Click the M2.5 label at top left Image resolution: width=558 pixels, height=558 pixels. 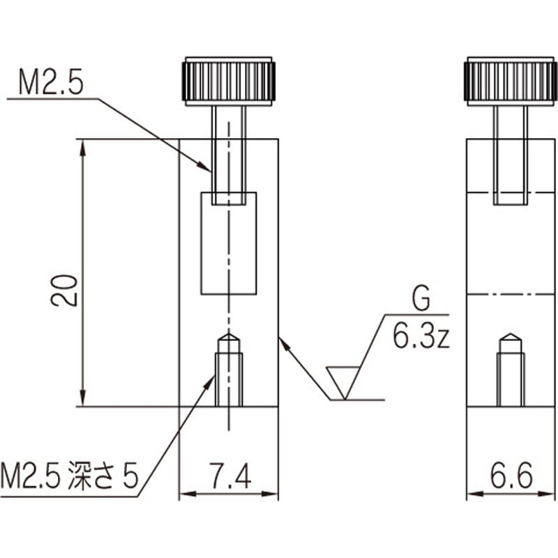tap(50, 84)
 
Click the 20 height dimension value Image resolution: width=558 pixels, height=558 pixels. tap(64, 289)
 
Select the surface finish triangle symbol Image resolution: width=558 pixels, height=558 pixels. tap(344, 380)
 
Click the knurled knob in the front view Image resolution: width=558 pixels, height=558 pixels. tap(229, 81)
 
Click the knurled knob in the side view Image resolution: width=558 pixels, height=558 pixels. tap(511, 81)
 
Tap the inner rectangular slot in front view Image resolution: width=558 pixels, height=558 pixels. tap(229, 243)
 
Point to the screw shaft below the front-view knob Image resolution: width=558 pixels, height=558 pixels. tap(229, 153)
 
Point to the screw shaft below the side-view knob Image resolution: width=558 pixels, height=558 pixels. tap(511, 153)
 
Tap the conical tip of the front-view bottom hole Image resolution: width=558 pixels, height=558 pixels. tap(229, 340)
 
